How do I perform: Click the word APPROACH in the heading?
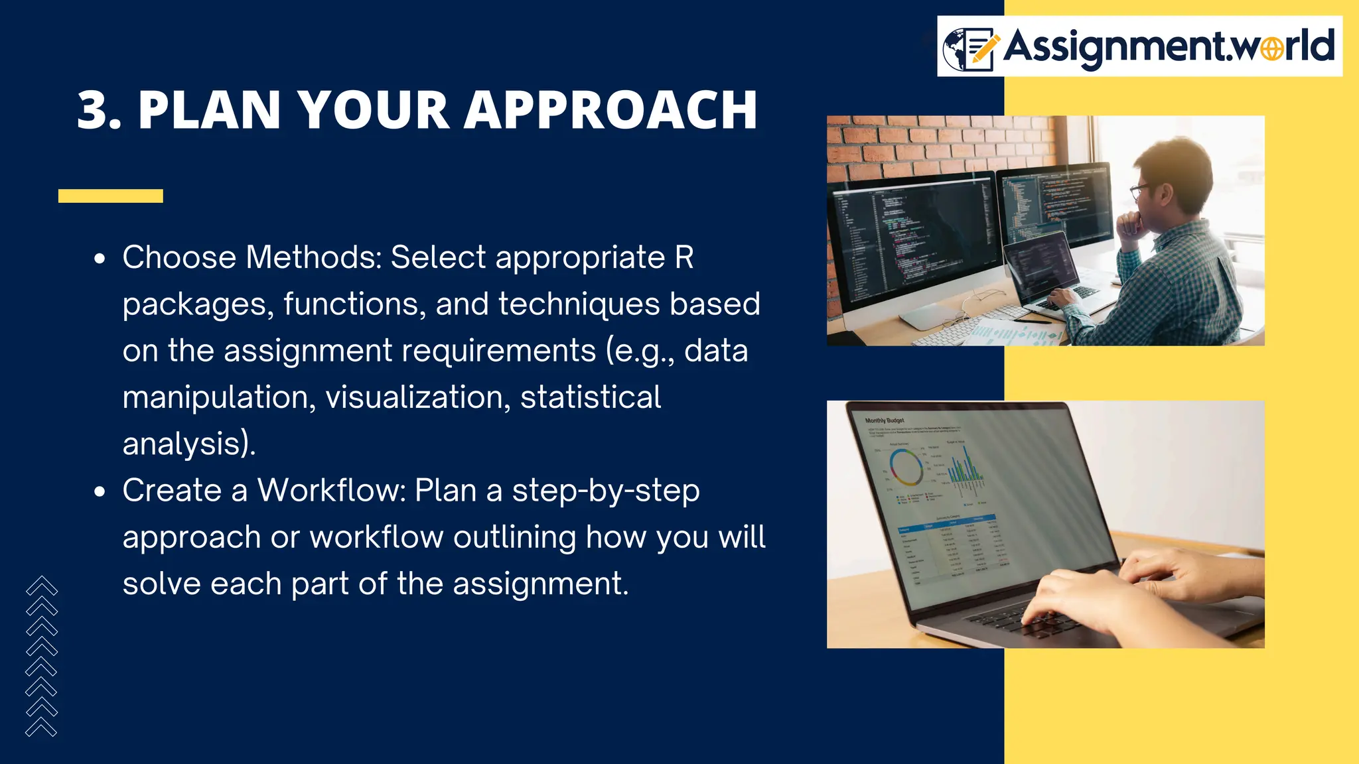[x=610, y=110]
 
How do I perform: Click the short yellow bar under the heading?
[x=110, y=196]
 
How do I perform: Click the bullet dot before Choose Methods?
[x=100, y=259]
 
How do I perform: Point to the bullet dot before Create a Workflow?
[x=100, y=492]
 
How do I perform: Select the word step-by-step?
[x=605, y=491]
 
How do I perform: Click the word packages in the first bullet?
[x=198, y=305]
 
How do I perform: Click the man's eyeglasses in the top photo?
[x=1140, y=191]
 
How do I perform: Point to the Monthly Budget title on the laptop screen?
[x=884, y=420]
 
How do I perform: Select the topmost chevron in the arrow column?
[x=42, y=585]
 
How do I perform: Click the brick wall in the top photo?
[x=942, y=143]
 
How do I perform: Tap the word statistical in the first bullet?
[x=591, y=397]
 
